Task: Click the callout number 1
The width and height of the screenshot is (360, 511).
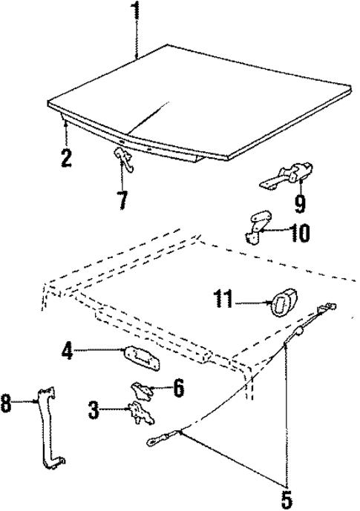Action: click(x=135, y=13)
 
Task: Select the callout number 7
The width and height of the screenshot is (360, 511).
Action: click(x=122, y=199)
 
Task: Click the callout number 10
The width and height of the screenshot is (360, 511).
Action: click(x=300, y=234)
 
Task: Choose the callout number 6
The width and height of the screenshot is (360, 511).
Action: click(x=178, y=386)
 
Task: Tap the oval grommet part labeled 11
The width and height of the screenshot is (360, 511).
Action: click(x=281, y=303)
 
